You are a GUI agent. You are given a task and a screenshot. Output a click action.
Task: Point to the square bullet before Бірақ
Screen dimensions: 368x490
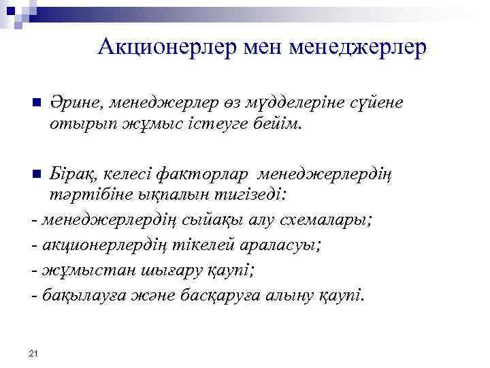[x=37, y=174]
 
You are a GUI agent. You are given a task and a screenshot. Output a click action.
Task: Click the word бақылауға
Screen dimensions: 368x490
[x=85, y=294]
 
